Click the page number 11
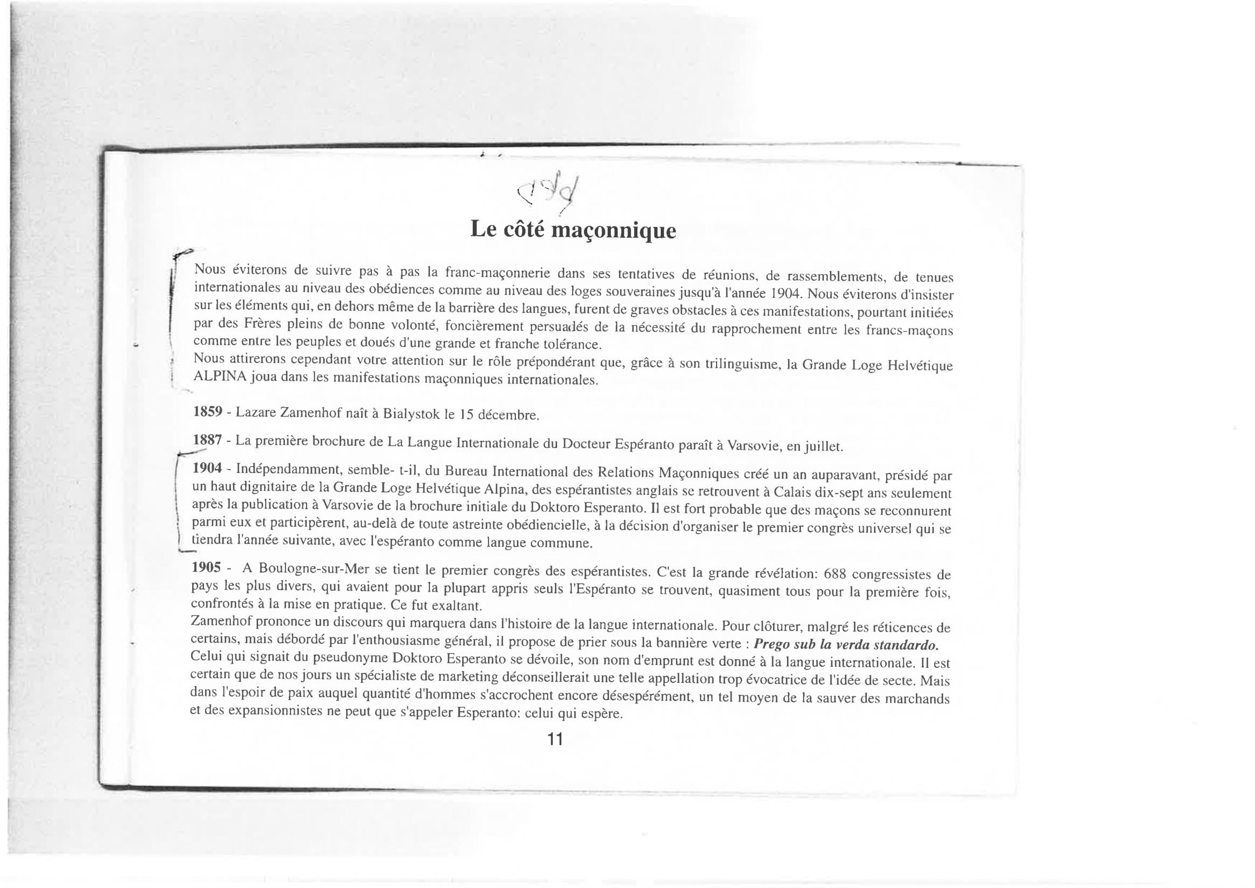tap(555, 740)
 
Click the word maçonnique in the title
tap(614, 231)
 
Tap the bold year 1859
tap(208, 411)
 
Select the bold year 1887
tap(208, 440)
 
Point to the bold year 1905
tap(207, 567)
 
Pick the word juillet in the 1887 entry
tap(823, 447)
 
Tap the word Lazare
tap(256, 412)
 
